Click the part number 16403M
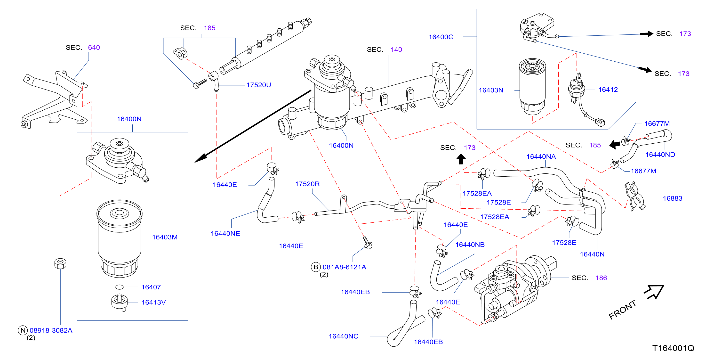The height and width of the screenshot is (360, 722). pos(165,237)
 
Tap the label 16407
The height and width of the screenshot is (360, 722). pos(151,287)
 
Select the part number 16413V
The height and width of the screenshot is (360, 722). pos(154,302)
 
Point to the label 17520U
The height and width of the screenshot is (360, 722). pos(259,85)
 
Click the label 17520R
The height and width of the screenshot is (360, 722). pos(307,184)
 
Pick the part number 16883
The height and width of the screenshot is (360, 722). pos(672,198)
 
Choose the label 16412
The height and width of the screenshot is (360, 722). pos(608,90)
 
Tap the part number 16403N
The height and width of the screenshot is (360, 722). pos(491,90)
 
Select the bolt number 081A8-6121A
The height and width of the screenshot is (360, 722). pos(344,267)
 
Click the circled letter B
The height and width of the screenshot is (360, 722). pos(316,267)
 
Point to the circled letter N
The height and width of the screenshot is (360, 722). pos(23,330)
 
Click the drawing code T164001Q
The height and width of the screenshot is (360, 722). pos(673,348)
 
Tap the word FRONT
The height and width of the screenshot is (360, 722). pos(623,310)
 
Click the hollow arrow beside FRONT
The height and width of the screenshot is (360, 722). pos(654,292)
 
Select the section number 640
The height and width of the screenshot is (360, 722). pos(94,48)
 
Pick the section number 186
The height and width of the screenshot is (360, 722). pos(601,278)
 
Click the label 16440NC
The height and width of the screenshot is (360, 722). pos(343,336)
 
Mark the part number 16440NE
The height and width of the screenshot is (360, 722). pos(225,234)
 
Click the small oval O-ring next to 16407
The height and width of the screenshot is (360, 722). pos(119,287)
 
